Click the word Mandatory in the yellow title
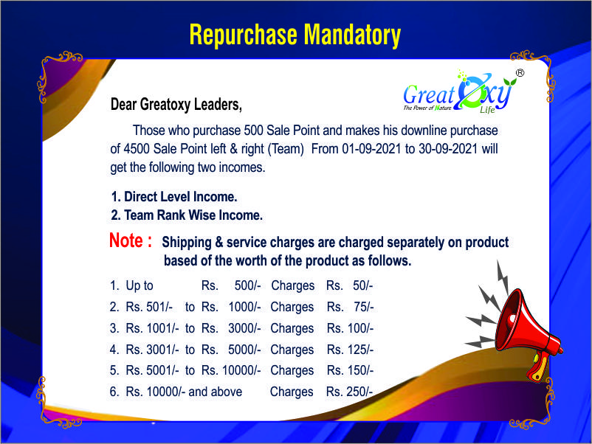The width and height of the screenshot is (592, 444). point(352,35)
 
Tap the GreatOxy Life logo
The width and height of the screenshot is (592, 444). point(458,92)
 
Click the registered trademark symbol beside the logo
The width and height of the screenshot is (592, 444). point(520,73)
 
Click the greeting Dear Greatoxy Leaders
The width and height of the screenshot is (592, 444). point(176,105)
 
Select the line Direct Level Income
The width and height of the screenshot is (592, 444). point(174,196)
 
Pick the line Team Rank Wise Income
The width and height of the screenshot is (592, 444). point(187,215)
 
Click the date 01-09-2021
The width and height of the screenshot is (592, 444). point(371,149)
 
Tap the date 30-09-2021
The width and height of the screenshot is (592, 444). point(448,149)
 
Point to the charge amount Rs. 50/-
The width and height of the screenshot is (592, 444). point(350,285)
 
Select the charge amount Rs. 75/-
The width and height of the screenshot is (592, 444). point(351,307)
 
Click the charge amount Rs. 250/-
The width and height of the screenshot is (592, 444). point(350,392)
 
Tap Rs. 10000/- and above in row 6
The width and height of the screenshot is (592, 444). point(184,392)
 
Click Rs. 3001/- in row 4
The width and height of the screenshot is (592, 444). point(153,350)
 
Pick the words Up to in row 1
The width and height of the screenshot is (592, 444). point(140,286)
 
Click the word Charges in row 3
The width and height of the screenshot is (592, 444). point(292,328)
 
